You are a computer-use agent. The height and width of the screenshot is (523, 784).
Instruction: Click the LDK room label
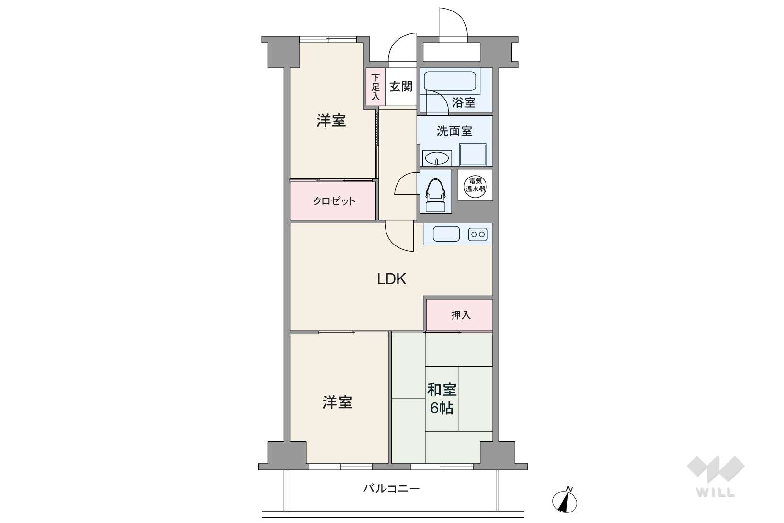coord(391,279)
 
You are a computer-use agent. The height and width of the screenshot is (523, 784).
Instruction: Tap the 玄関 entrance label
coord(401,87)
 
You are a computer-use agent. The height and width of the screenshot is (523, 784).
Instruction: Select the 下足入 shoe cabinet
coord(375,87)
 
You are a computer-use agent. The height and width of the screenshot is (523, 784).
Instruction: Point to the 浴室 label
coord(464,102)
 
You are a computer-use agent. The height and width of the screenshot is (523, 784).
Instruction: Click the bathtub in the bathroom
coord(450,81)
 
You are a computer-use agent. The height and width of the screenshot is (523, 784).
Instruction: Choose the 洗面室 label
coord(454,131)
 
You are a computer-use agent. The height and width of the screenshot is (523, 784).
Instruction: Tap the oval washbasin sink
coord(437,158)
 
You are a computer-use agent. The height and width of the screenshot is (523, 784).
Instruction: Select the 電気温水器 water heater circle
coord(475,185)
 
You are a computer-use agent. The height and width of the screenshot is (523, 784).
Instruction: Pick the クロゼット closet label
coord(334,201)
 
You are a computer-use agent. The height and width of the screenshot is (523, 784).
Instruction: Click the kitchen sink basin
coord(446,234)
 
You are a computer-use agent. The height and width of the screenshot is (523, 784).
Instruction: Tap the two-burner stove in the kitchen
coord(478,234)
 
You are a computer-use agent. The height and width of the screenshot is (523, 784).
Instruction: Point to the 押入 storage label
coord(461,315)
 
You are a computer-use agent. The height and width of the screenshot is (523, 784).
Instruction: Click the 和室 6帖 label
coord(442,399)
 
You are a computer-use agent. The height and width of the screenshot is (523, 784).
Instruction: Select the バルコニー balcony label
coord(391,489)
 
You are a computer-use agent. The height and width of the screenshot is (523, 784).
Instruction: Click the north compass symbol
coord(565,501)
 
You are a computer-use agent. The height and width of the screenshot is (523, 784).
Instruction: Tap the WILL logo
coord(716,476)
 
